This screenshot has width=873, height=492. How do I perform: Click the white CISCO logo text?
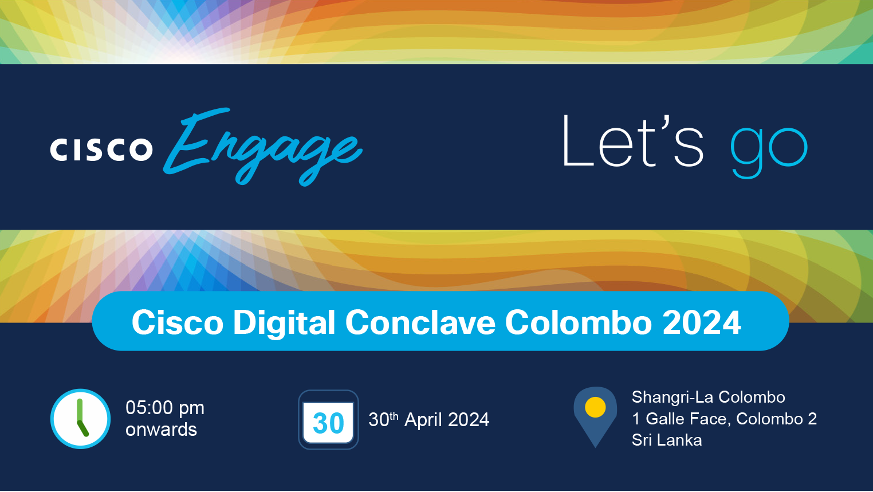101,149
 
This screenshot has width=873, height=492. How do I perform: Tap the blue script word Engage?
263,147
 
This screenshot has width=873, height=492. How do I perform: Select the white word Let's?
632,141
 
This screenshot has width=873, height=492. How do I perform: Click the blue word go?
769,152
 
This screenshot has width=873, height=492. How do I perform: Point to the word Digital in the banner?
284,322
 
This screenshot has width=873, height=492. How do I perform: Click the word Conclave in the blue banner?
420,322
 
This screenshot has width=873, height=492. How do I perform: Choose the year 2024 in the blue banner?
702,322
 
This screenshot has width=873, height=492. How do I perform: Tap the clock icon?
80,419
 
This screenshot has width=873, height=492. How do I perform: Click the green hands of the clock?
81,418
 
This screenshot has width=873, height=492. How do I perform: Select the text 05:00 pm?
165,407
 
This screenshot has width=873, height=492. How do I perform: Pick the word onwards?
161,429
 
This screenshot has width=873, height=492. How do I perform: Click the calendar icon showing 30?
328,419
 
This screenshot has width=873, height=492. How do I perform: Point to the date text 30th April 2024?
428,419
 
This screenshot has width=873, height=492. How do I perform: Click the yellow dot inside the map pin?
595,407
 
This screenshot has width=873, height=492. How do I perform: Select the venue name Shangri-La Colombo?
708,397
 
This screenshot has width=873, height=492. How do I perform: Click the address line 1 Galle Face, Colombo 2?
724,419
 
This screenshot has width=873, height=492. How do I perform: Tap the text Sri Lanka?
667,440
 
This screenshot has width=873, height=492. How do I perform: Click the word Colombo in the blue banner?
579,322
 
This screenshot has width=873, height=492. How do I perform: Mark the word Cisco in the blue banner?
178,322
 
